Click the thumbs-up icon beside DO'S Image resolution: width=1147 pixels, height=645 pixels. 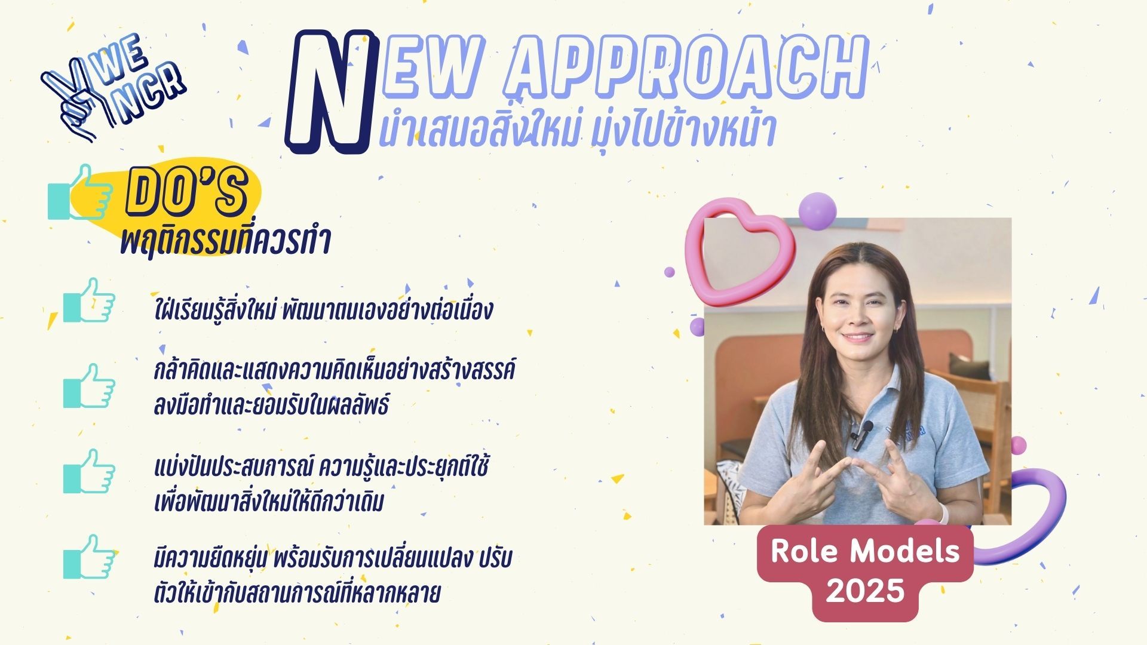tap(80, 192)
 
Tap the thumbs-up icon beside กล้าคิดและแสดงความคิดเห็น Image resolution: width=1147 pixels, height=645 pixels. tap(89, 386)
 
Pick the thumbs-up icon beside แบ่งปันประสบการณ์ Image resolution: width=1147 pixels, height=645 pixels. tap(89, 471)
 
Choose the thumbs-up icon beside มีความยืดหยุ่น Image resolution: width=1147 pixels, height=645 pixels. tap(89, 557)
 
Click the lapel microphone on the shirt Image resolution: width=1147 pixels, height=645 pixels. tap(862, 434)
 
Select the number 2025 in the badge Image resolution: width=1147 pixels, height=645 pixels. tap(864, 591)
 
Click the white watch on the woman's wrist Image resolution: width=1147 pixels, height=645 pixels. tap(942, 512)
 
